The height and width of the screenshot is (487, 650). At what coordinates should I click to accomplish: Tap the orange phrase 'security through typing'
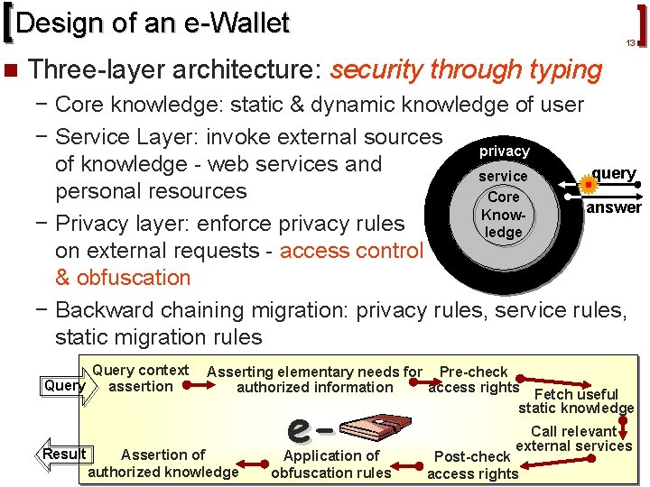tap(467, 69)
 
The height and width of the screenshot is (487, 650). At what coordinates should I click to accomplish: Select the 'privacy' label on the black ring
tap(504, 151)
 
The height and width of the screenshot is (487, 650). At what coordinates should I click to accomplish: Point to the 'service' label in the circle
tap(503, 176)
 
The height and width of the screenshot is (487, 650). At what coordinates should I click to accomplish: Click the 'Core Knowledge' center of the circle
tap(503, 214)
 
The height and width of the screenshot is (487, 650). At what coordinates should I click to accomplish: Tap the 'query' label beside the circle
tap(614, 173)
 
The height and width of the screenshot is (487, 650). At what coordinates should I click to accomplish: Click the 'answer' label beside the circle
tap(614, 207)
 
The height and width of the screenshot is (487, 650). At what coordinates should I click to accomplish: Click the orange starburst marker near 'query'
tap(589, 186)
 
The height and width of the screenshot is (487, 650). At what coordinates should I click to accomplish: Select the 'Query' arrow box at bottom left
tap(65, 386)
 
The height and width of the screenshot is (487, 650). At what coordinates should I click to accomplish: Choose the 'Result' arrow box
tap(64, 454)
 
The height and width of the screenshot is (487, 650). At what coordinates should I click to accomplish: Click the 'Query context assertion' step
tap(140, 379)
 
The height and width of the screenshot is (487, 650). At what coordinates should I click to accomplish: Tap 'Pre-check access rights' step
tap(473, 380)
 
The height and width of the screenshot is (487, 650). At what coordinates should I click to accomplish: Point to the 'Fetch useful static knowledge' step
tap(576, 400)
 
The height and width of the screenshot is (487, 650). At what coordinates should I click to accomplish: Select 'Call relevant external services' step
tap(574, 438)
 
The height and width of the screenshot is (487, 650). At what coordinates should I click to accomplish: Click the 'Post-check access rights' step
tap(472, 464)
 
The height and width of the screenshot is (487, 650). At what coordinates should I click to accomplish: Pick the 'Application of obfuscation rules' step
tap(331, 464)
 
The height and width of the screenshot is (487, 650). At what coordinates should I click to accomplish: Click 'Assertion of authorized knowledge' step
tap(162, 463)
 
